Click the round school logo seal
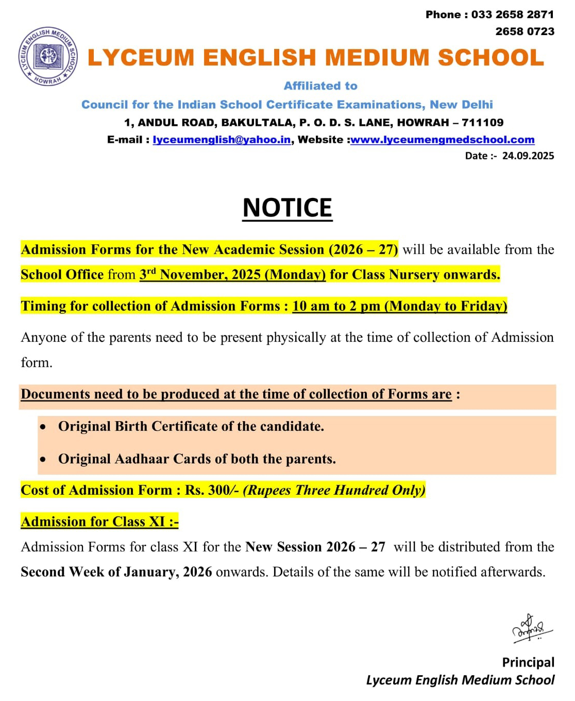tap(48, 56)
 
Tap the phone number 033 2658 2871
tap(512, 14)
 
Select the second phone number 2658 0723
tap(525, 31)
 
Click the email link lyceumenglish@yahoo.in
tap(222, 140)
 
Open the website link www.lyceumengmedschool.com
tap(442, 140)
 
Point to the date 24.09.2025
tap(528, 156)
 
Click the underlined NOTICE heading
tap(287, 208)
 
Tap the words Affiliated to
tap(320, 86)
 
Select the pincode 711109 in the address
tap(483, 123)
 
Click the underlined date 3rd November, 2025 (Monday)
tap(232, 274)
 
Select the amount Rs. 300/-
tap(212, 490)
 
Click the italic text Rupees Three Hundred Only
tap(334, 490)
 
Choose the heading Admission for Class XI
tap(99, 522)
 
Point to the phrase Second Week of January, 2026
tap(116, 572)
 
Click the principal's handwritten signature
tap(531, 628)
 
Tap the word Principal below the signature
tap(528, 662)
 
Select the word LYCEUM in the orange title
tap(141, 58)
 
